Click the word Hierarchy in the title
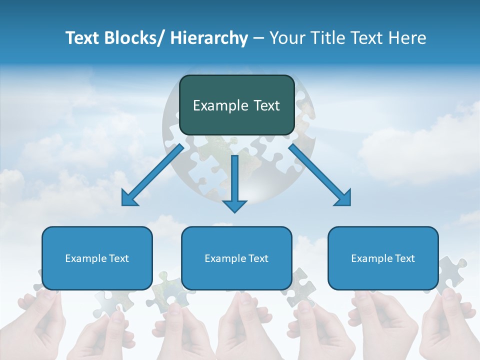tap(209, 38)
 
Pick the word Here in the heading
tap(408, 38)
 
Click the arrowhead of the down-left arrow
tap(129, 198)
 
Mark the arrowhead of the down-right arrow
tap(343, 198)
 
